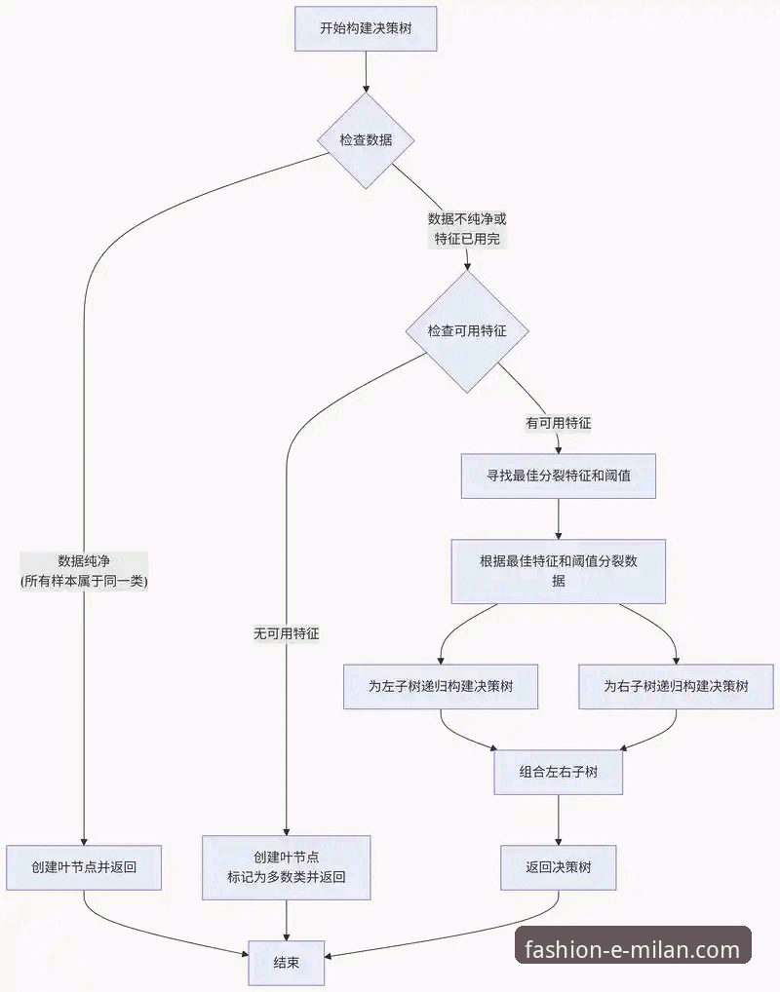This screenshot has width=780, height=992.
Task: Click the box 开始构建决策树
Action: (365, 29)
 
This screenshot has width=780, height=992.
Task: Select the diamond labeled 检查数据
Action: (366, 140)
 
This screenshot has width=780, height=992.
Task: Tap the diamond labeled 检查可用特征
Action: (467, 331)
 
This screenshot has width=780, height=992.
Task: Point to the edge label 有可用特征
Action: (558, 424)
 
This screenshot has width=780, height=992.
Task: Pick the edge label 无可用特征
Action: (287, 633)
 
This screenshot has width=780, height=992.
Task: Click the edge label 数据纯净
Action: (84, 571)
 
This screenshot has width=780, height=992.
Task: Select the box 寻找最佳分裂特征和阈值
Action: (558, 477)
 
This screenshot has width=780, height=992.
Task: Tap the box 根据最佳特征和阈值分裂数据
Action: (558, 571)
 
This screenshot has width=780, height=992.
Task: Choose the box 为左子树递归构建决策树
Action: (441, 686)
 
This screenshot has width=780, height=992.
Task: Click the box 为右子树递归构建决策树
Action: (676, 686)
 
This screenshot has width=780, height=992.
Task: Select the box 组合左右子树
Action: (558, 772)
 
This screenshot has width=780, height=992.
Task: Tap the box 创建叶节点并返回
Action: (84, 867)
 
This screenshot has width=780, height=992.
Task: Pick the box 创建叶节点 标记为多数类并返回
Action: (287, 867)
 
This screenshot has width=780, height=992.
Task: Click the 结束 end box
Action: (287, 962)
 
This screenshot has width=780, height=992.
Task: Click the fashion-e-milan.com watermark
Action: (632, 948)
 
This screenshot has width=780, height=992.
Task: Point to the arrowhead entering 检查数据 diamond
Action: (366, 89)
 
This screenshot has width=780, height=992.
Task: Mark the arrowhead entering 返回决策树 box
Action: (558, 841)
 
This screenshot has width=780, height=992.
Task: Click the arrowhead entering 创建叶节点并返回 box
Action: (84, 841)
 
